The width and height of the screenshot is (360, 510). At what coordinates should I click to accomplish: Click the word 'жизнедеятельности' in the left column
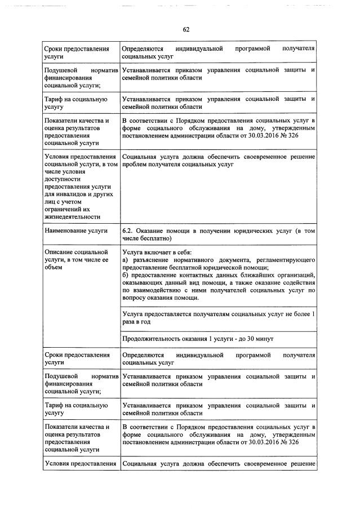(72, 216)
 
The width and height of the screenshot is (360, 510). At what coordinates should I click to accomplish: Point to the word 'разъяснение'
(153, 259)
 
